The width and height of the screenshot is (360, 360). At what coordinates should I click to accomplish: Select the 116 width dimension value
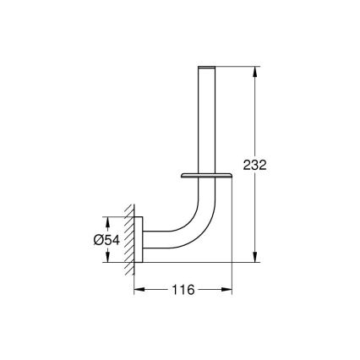tap(183, 290)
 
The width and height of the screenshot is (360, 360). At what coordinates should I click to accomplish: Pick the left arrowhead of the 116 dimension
tap(139, 290)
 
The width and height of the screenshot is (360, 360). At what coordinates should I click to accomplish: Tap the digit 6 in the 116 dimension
tap(192, 290)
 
